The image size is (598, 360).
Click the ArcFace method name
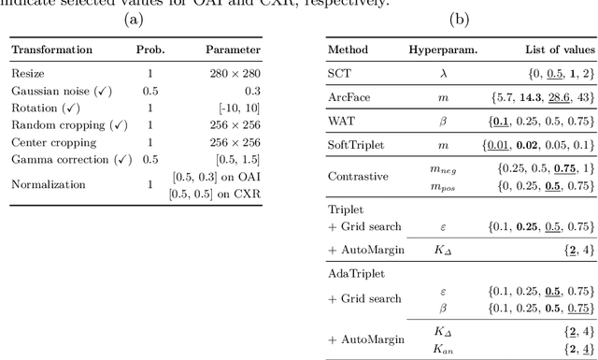(347, 97)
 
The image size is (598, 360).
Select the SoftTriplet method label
(353, 146)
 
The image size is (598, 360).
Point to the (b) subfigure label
(459, 19)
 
